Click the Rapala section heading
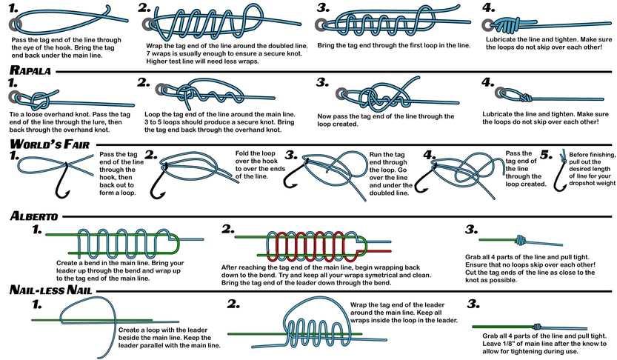[x=30, y=70]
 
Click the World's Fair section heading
[x=50, y=144]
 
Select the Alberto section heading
[x=34, y=216]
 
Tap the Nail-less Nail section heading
[x=51, y=290]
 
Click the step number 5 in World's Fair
[x=546, y=155]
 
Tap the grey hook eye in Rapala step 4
[x=500, y=93]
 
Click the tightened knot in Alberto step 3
[x=520, y=239]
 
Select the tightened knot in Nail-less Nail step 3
[x=537, y=327]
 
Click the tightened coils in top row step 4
[x=506, y=25]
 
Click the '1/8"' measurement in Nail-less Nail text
[x=513, y=344]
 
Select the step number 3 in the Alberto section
[x=471, y=229]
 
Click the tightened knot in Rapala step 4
[x=525, y=97]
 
